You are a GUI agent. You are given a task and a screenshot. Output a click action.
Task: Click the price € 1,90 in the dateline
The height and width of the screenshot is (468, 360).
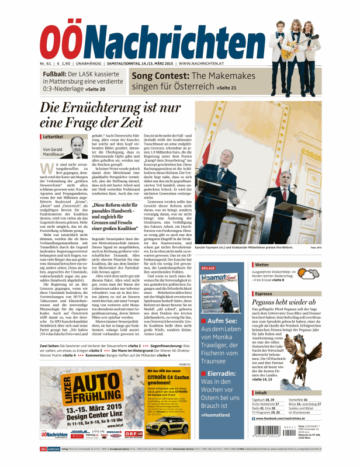(65, 63)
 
